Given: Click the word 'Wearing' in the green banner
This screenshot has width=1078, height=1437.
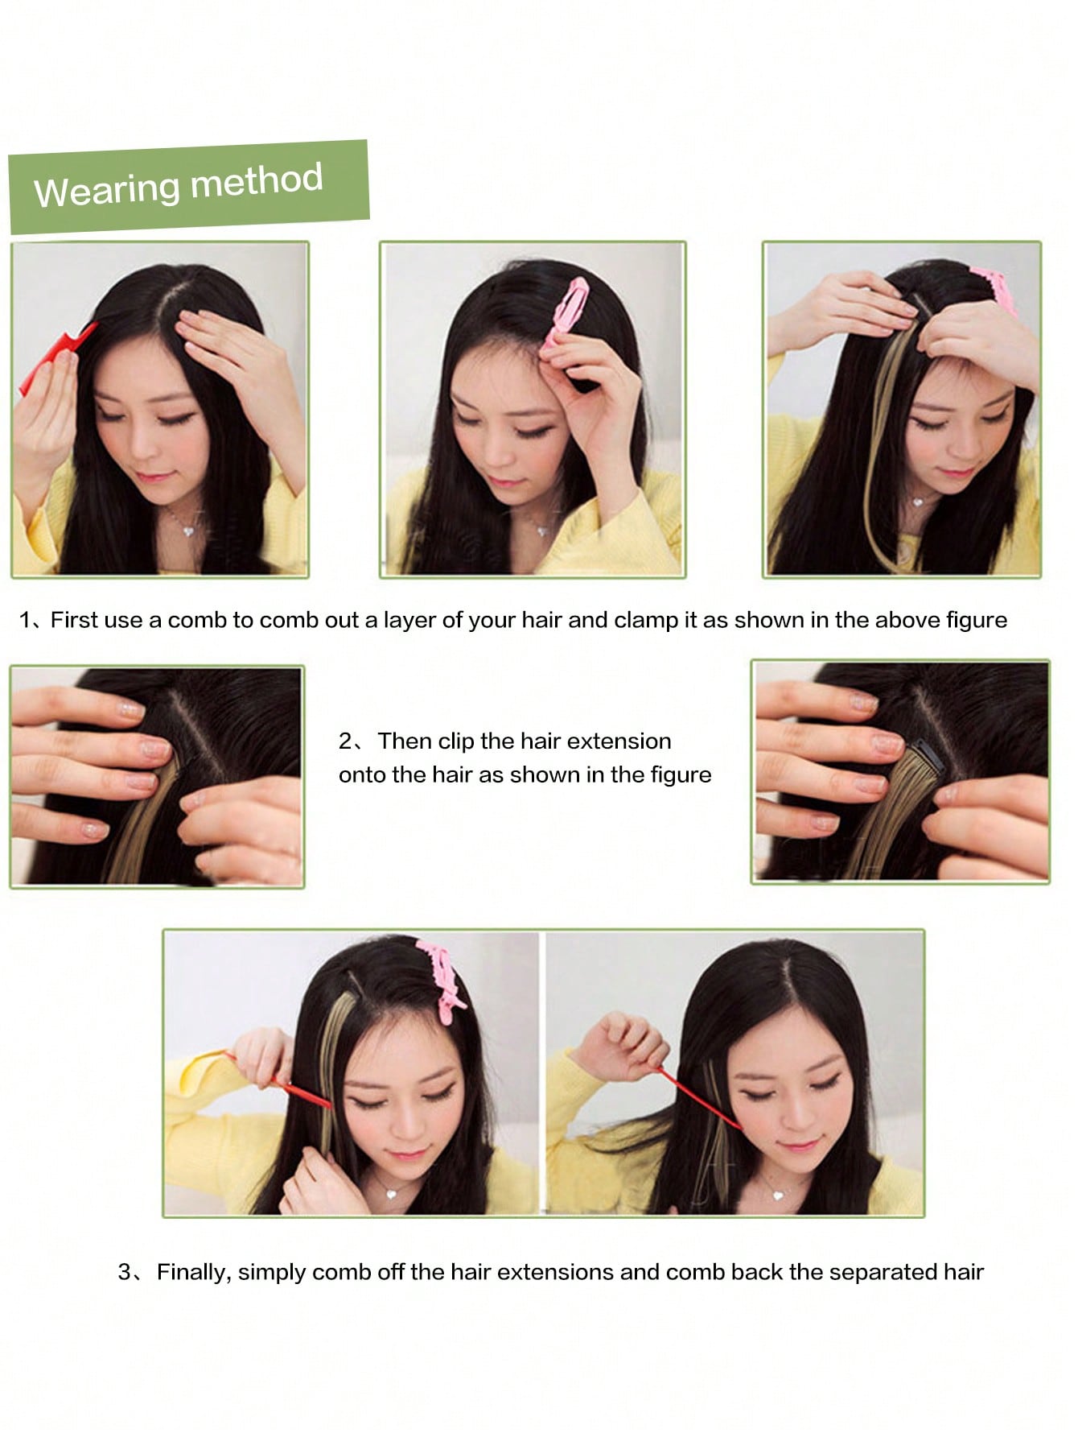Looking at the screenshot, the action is point(108,190).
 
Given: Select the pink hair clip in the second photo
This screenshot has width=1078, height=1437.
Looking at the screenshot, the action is point(566,313).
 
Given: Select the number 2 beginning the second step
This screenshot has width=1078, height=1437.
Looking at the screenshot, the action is point(344,741).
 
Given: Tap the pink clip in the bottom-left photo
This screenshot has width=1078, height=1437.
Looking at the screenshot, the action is point(441,976).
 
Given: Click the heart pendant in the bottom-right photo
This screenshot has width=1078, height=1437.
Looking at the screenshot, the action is point(777,1195).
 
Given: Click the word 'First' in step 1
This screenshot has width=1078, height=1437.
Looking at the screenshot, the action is point(75,620).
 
